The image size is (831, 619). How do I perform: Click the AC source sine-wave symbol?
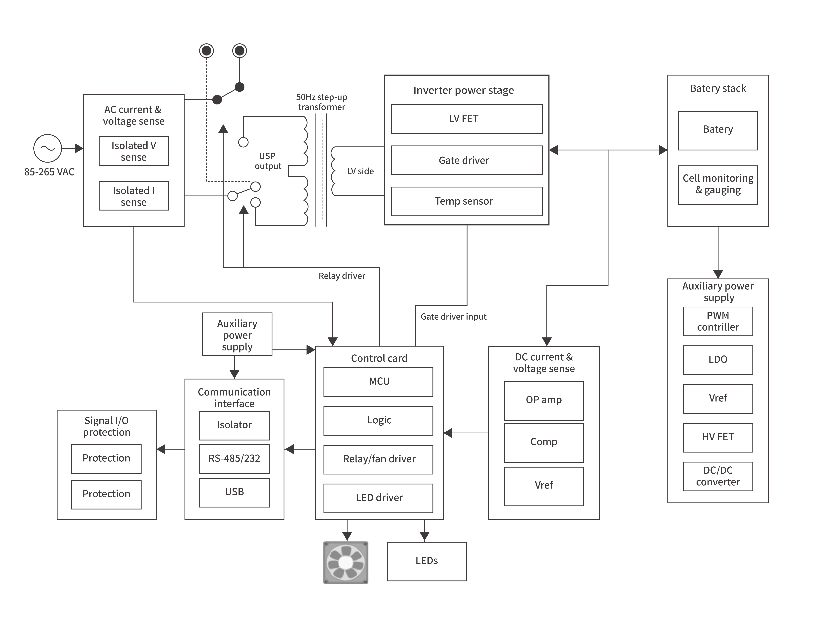click(48, 148)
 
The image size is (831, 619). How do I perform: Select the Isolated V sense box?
click(134, 151)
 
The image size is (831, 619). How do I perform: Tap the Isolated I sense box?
click(134, 196)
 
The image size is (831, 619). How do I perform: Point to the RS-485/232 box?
click(234, 459)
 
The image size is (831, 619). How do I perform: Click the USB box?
click(234, 492)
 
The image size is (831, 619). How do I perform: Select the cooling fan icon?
click(345, 562)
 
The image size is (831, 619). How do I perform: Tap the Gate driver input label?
click(453, 317)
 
